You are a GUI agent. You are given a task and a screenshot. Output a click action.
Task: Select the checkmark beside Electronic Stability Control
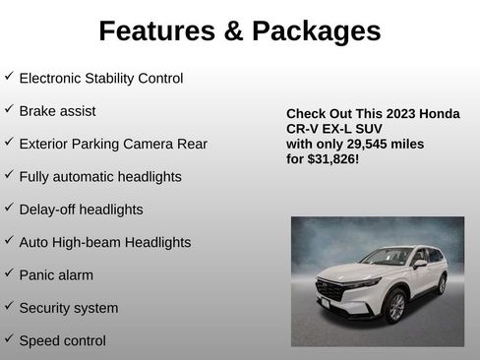[9, 76]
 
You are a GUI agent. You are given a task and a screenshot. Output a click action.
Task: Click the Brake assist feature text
[57, 110]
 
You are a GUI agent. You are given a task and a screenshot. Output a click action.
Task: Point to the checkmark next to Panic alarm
[9, 273]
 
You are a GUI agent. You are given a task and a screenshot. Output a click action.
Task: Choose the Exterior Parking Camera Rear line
[113, 144]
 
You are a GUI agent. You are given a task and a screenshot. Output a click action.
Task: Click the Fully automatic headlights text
[100, 177]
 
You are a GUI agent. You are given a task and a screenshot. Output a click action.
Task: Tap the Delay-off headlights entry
[81, 210]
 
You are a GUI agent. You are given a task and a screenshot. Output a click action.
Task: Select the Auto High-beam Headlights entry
[105, 242]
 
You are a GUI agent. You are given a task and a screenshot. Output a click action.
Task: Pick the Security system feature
[69, 308]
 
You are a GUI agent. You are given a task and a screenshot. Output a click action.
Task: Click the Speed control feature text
[62, 341]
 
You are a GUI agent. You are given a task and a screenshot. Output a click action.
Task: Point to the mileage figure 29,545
[376, 144]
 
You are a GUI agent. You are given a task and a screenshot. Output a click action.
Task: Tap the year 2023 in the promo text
[396, 114]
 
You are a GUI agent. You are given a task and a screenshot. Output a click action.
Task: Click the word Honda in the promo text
[439, 114]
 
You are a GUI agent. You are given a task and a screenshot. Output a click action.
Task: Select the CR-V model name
[303, 129]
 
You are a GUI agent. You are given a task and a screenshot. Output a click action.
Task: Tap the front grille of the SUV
[330, 292]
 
